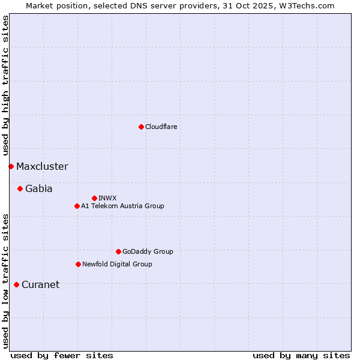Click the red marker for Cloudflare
tap(141, 127)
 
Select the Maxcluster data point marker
tap(11, 166)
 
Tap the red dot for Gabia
tap(20, 188)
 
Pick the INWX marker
tap(94, 198)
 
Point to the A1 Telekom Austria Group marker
tap(77, 206)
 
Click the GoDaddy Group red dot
tap(118, 251)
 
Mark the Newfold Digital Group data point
tap(78, 264)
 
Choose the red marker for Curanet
tap(16, 284)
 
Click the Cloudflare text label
tap(161, 127)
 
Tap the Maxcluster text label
tap(42, 166)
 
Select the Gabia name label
tap(39, 188)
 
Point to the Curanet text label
tap(41, 284)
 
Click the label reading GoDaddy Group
tap(148, 251)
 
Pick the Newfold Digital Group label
tap(117, 264)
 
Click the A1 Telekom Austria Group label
tap(122, 206)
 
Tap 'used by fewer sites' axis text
tap(62, 355)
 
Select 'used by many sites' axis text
tap(301, 355)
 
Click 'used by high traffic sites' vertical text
tap(5, 85)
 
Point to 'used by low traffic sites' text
tap(5, 280)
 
